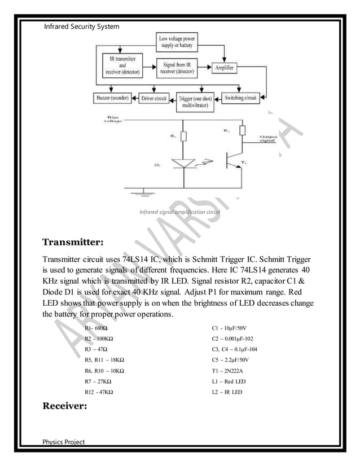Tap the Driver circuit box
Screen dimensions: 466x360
[153, 98]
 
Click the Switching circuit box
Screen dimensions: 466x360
[240, 98]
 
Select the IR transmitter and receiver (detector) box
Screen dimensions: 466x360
[124, 65]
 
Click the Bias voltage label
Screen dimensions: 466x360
[112, 121]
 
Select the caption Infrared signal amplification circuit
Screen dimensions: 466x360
[179, 213]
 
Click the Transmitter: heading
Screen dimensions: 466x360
[73, 243]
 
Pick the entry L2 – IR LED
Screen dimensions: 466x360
[226, 392]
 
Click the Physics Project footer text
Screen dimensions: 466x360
[64, 441]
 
